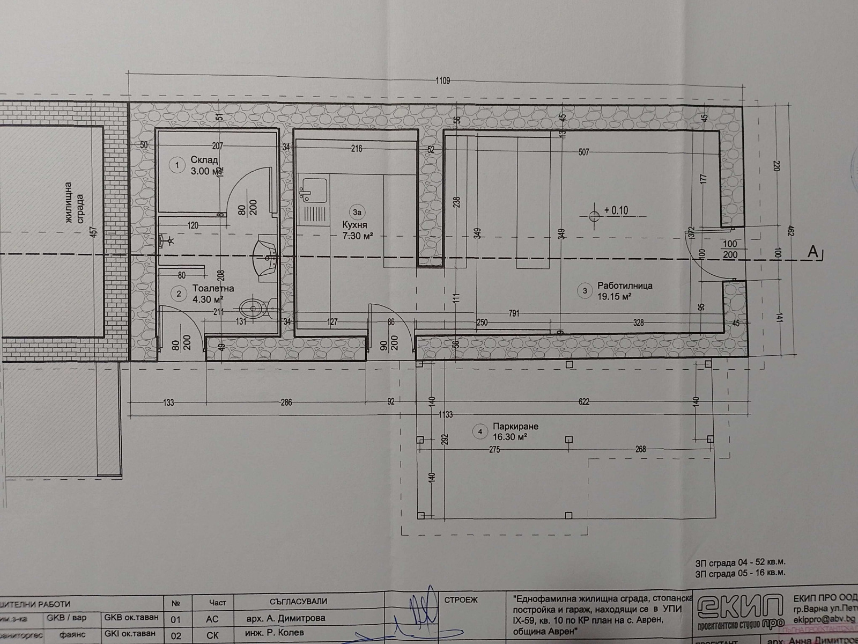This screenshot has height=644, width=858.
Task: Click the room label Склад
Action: coord(204,160)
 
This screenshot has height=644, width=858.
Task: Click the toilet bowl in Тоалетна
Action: coord(254,308)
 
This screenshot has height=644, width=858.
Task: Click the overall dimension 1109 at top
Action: coord(442,81)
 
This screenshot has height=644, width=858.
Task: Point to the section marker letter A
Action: coord(814,251)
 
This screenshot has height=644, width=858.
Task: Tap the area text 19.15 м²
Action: coord(611,296)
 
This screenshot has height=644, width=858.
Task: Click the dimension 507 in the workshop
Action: coord(583,152)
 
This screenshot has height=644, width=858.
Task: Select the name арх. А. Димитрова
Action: coord(286,618)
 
